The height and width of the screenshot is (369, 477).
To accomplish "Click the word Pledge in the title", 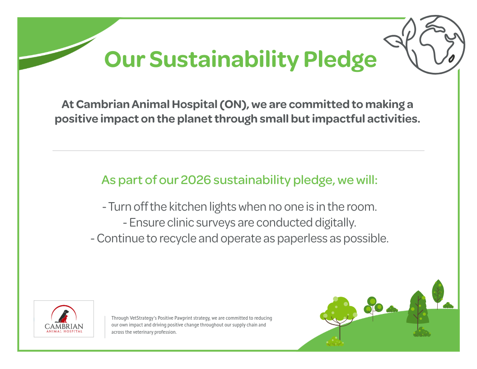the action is coord(340,59).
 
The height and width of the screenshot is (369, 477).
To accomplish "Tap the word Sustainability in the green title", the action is coord(224,59).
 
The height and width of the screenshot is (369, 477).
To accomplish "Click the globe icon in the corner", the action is coord(435,44).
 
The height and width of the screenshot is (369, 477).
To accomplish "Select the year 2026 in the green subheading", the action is coord(196,180).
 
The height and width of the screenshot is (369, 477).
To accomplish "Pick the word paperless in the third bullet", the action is coord(302,239).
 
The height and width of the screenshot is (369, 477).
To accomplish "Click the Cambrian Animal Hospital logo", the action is coord(64,319).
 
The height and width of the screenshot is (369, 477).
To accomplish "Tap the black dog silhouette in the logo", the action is coord(63,316).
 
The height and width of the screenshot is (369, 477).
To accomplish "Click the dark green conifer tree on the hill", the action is coord(418,307).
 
